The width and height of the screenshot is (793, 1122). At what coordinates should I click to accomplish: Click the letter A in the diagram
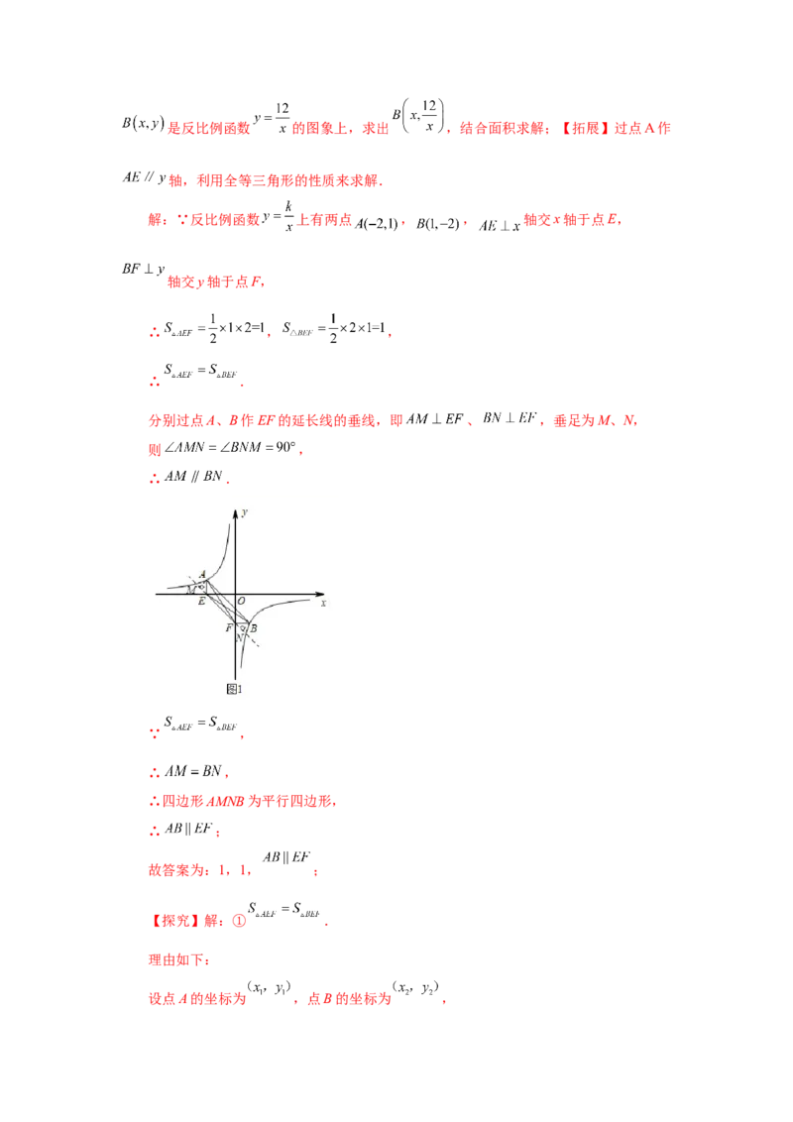click(x=202, y=574)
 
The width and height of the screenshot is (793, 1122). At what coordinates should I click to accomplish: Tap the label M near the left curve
click(x=189, y=588)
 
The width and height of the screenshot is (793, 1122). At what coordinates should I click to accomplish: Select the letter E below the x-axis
click(x=201, y=603)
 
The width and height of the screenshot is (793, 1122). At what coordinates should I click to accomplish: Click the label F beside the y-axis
click(x=228, y=628)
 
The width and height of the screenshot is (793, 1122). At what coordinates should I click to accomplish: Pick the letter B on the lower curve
click(x=254, y=628)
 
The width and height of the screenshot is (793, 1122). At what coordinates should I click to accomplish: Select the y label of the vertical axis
click(x=244, y=511)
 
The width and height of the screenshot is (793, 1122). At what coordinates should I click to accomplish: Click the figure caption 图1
click(x=235, y=687)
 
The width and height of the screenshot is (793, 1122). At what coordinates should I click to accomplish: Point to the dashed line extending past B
click(x=255, y=641)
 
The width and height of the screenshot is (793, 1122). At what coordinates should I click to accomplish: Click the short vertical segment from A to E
click(x=206, y=588)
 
